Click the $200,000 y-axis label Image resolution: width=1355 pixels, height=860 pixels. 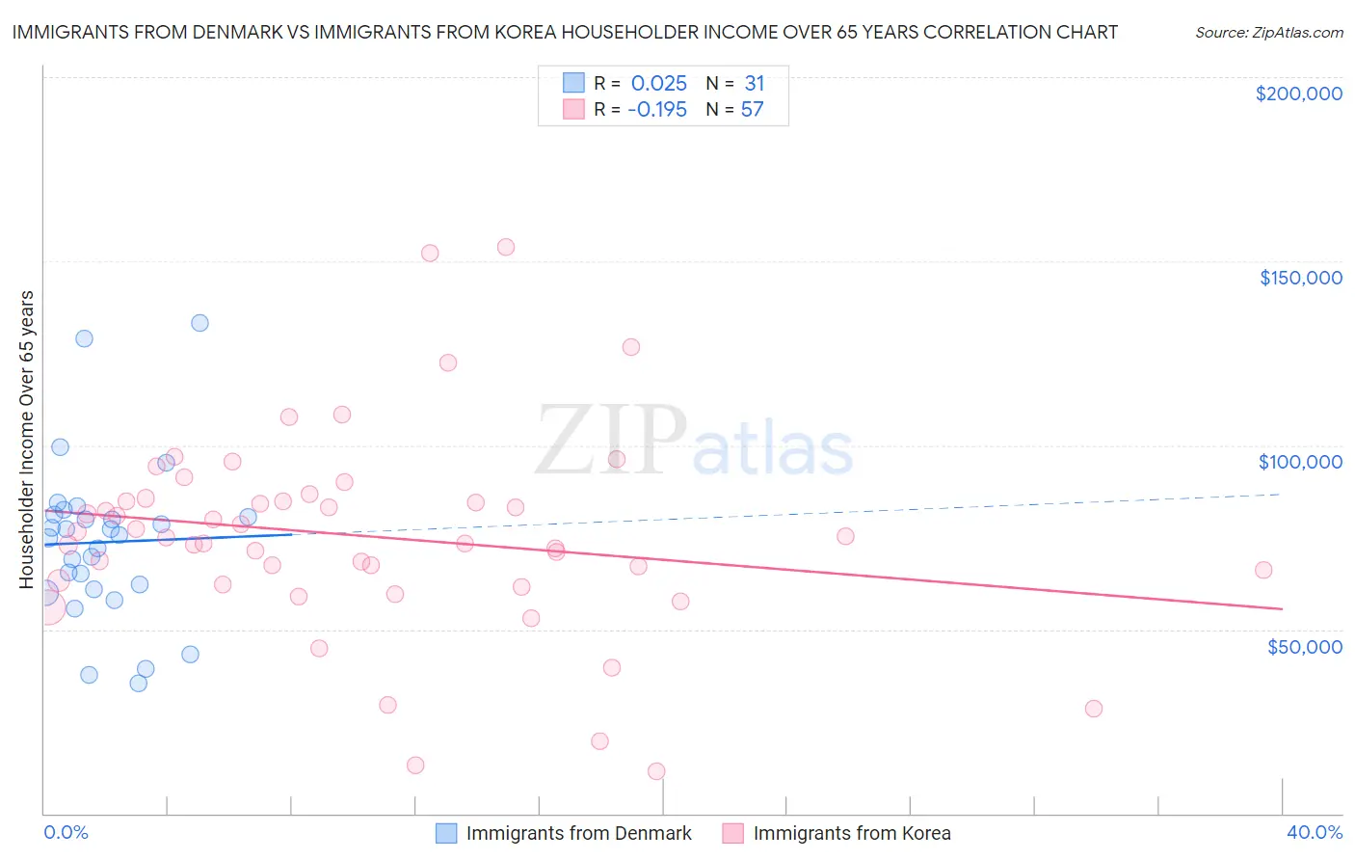[1298, 94]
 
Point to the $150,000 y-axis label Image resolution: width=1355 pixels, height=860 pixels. [1300, 278]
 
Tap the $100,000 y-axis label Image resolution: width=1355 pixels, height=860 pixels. [1300, 462]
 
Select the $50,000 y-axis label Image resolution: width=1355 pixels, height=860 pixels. [1304, 646]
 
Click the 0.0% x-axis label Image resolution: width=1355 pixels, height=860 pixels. [66, 832]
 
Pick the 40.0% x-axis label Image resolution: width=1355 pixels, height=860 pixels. [1314, 832]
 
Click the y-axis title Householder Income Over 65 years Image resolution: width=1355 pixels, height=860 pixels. [27, 439]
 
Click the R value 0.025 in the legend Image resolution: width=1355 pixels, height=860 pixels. [658, 83]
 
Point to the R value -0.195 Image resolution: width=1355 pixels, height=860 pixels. [656, 109]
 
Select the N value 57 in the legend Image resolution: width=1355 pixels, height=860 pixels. [752, 109]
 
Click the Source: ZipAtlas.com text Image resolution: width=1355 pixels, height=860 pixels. [1268, 32]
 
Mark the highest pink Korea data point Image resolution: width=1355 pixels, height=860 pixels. [505, 247]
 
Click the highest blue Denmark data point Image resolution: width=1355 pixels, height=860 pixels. [199, 323]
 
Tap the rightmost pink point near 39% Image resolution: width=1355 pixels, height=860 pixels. [1262, 570]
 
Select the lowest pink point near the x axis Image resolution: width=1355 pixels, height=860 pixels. [656, 771]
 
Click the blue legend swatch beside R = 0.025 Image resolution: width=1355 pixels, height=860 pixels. [573, 83]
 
